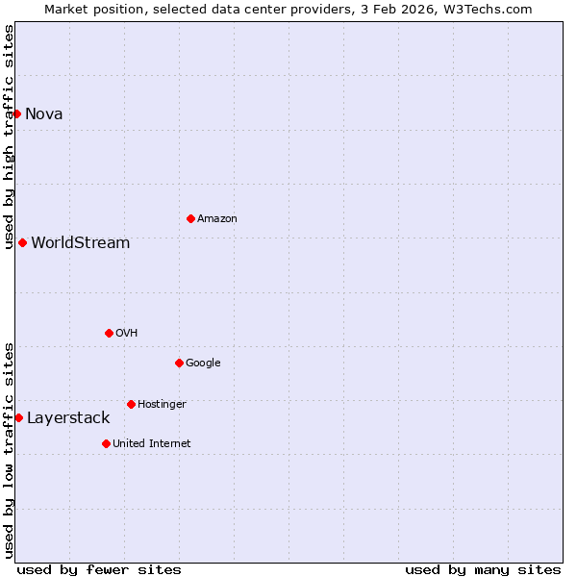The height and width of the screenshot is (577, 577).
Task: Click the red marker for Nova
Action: (x=16, y=113)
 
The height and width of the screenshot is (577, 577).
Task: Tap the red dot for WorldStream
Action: (x=22, y=242)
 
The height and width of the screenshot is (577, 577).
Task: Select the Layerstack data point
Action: (x=18, y=417)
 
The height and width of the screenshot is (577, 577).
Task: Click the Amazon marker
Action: (x=190, y=218)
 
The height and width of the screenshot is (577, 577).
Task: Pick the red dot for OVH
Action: (x=109, y=333)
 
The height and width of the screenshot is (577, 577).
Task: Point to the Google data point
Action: (x=179, y=363)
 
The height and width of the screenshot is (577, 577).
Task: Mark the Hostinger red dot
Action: (x=131, y=404)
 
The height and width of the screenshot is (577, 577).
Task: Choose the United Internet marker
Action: (x=106, y=443)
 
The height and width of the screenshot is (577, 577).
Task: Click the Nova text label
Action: (x=44, y=113)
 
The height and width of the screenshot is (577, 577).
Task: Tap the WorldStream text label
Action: (x=81, y=242)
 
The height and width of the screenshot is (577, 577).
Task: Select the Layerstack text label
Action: (x=68, y=417)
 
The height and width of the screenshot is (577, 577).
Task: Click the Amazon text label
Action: (x=217, y=218)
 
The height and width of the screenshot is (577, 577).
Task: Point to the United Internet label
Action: (x=152, y=443)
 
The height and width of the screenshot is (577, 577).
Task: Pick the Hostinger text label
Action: (x=162, y=404)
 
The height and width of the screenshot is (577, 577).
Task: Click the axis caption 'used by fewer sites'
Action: (x=99, y=569)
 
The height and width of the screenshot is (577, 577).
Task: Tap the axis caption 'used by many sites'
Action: (x=483, y=569)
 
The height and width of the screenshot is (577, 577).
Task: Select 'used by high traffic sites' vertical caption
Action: (x=9, y=138)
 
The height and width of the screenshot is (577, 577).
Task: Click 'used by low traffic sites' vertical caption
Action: (x=9, y=450)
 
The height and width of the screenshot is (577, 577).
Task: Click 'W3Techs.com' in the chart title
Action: (x=491, y=9)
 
